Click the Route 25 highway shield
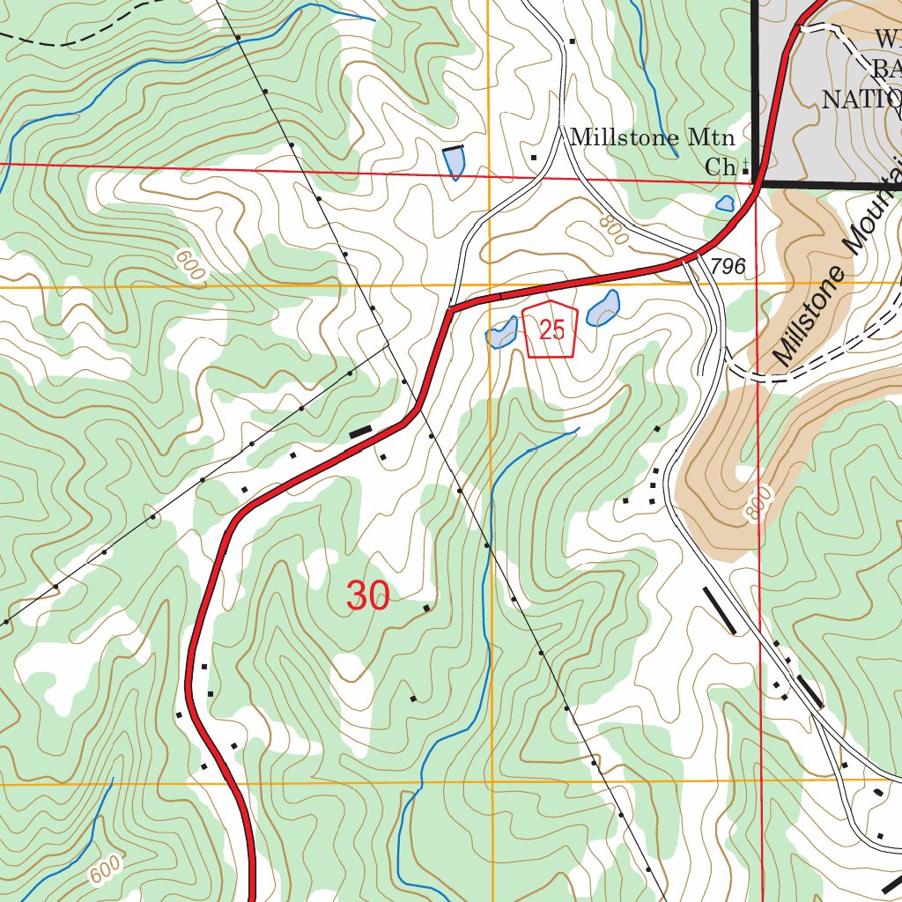pos(551,330)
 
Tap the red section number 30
pos(368,597)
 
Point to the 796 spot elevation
pos(728,267)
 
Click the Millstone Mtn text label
pos(652,138)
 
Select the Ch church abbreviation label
pos(720,166)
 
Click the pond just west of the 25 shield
pos(501,333)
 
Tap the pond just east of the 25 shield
pos(603,309)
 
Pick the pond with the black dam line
pos(454,161)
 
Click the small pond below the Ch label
pos(725,203)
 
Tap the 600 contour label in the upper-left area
pos(190,265)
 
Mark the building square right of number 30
pos(427,608)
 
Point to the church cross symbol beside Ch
pos(747,165)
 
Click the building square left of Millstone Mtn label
pos(534,158)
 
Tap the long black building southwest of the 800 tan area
pos(721,610)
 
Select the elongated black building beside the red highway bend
pos(360,433)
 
